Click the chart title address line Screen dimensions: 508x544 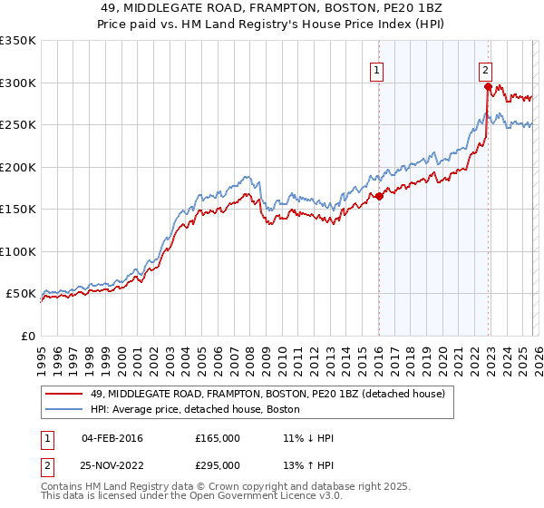pos(272,6)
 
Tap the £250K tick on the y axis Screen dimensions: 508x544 pos(18,125)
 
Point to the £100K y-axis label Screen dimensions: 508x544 pos(18,251)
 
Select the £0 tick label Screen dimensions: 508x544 pos(27,336)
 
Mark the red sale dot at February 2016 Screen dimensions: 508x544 pos(379,197)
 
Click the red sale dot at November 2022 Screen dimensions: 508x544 pos(488,87)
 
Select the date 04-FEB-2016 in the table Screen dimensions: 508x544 pos(112,438)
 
